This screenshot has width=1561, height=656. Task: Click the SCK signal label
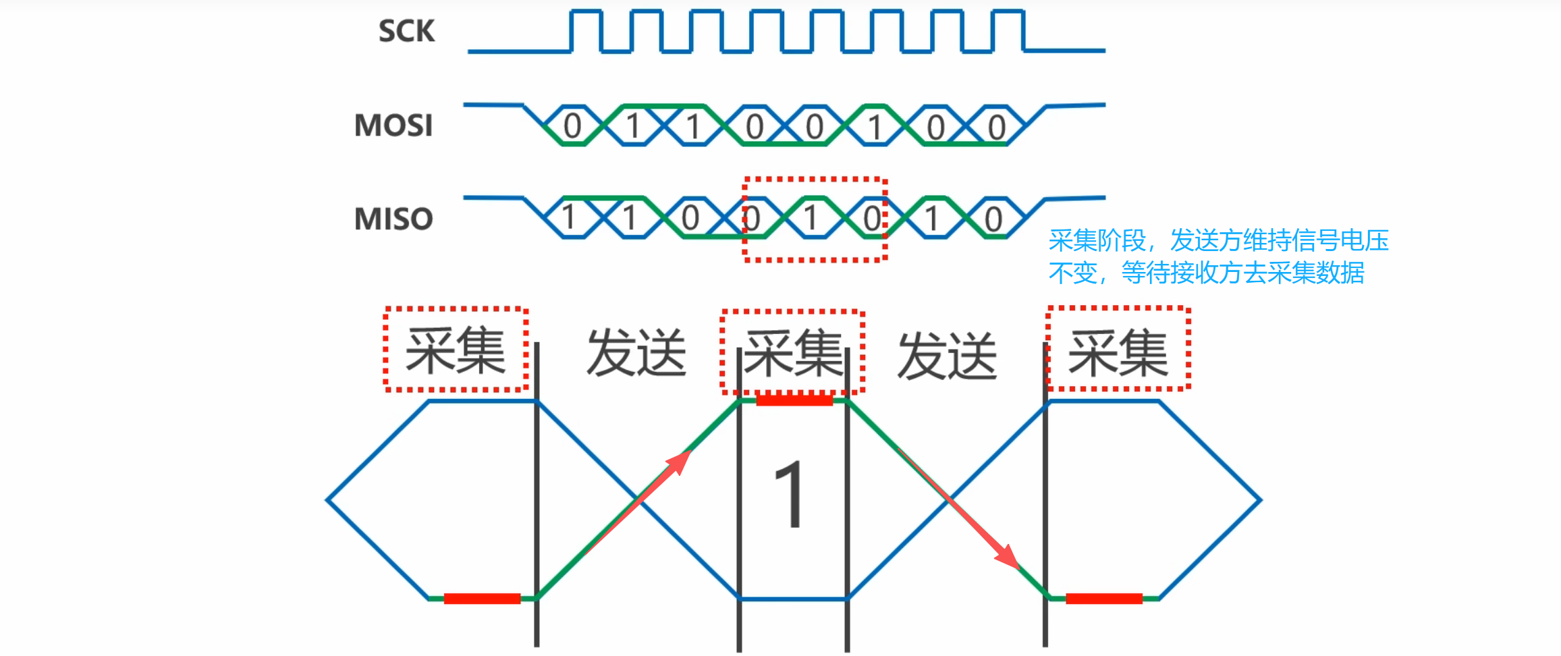[x=406, y=32]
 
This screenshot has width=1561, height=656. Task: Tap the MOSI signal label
[x=393, y=126]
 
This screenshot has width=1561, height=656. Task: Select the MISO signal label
[x=393, y=219]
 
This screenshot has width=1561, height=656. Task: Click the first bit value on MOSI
[x=572, y=126]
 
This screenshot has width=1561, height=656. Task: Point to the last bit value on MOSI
[x=997, y=127]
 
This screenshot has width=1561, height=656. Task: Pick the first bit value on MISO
[x=569, y=218]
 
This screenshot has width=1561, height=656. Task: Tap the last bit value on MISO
[x=993, y=219]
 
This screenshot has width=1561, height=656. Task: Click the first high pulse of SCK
[x=586, y=30]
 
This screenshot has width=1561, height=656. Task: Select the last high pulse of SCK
[x=1010, y=30]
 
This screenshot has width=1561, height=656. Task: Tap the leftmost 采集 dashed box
[x=456, y=350]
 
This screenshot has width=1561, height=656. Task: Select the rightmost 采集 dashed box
[x=1118, y=349]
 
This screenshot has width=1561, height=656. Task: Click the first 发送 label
[x=636, y=352]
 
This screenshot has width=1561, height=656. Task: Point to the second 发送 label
[x=947, y=356]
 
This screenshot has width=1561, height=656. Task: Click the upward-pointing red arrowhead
[x=680, y=461]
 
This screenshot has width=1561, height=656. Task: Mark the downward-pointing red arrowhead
[x=1008, y=557]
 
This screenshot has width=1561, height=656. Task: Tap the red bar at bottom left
[x=482, y=599]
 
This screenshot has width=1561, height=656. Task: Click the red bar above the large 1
[x=794, y=400]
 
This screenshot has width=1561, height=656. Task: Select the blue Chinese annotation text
[x=1218, y=256]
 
